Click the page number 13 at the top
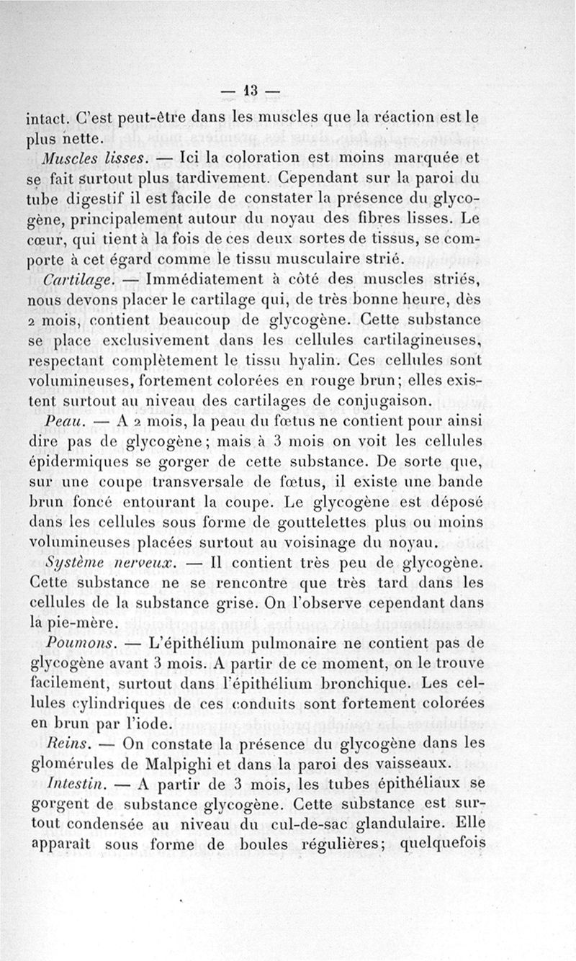[250, 91]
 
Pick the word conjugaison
[380, 400]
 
